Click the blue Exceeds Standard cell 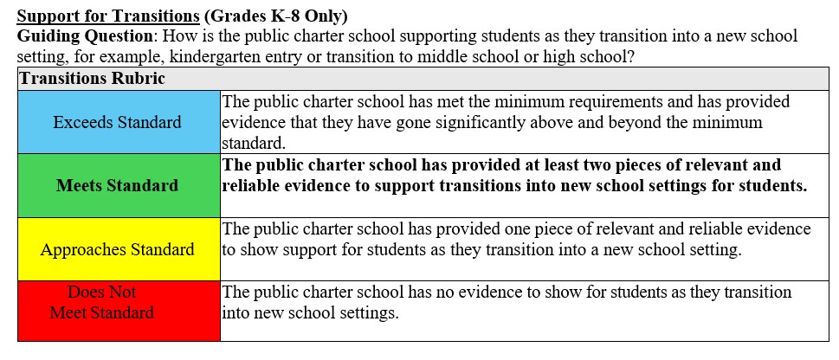(118, 122)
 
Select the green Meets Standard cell (118, 185)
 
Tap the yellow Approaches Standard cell (118, 249)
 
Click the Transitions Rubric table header (92, 78)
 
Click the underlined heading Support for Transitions (101, 16)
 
